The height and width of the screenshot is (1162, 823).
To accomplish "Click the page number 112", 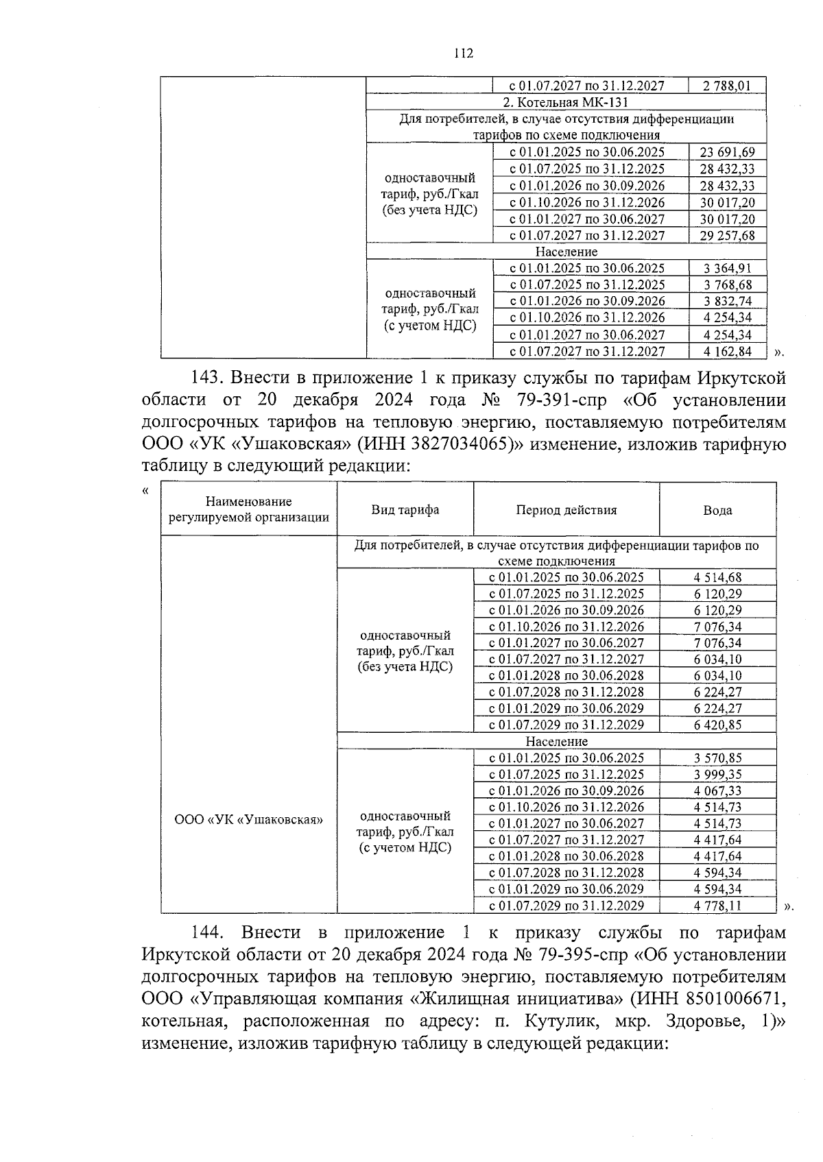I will (463, 53).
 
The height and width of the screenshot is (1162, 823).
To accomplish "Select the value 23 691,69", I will (727, 152).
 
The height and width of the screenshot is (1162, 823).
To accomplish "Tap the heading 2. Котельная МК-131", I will (566, 102).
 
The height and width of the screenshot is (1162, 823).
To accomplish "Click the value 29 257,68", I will (727, 235).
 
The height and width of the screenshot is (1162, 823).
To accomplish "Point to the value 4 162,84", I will (727, 352).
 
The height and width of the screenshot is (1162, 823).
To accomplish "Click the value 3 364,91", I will (727, 268).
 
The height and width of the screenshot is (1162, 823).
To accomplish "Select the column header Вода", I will (717, 510).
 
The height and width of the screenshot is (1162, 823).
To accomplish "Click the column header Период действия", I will (566, 510).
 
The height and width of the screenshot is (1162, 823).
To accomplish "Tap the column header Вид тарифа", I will (405, 510).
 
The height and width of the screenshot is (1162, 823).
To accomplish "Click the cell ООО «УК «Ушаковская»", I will (248, 819).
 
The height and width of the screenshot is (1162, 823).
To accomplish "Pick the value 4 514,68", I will (717, 578).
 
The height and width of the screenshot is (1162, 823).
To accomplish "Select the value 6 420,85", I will (717, 725).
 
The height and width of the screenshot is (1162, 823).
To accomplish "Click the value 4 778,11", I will (717, 906).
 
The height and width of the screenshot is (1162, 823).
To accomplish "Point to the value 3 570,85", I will (717, 758).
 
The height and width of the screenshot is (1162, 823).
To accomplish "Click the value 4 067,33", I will (717, 790).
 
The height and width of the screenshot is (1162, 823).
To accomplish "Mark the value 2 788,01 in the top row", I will (727, 86).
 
